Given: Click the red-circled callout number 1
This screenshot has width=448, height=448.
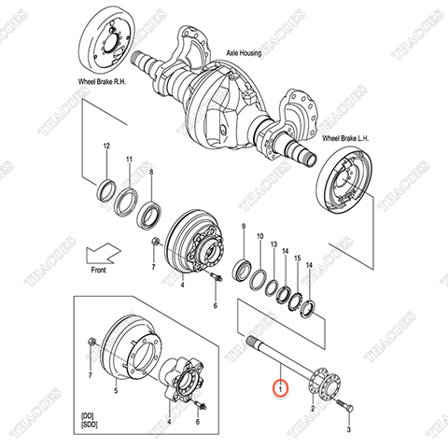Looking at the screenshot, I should point(277,385).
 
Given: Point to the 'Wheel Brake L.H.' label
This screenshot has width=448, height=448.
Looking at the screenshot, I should point(347,139).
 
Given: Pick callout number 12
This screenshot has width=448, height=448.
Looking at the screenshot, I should point(106,147).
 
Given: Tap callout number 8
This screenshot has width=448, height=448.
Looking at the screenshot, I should point(152,174).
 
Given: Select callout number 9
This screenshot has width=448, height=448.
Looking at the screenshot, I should point(244,229).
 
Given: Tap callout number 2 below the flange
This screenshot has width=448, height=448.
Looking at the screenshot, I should point(312,409).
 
